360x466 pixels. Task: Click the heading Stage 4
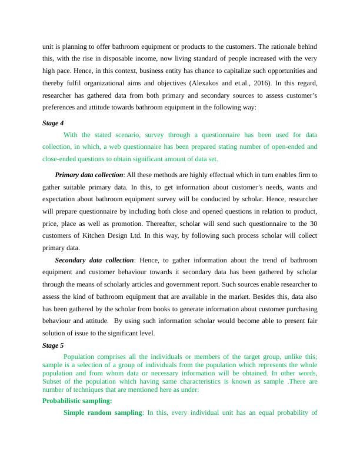(x=53, y=123)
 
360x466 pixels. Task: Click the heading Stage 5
(x=53, y=345)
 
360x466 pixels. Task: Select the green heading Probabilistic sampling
(x=77, y=401)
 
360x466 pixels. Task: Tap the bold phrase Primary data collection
(x=89, y=175)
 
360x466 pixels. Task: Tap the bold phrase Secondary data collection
(x=94, y=260)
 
